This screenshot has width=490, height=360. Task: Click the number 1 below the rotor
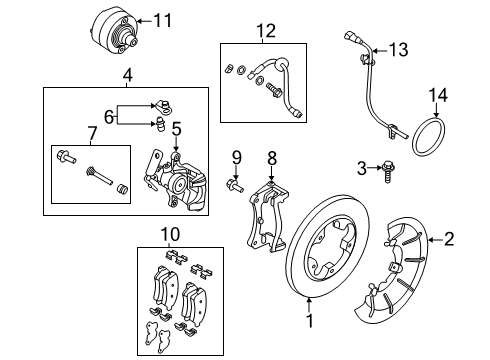(x=310, y=321)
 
